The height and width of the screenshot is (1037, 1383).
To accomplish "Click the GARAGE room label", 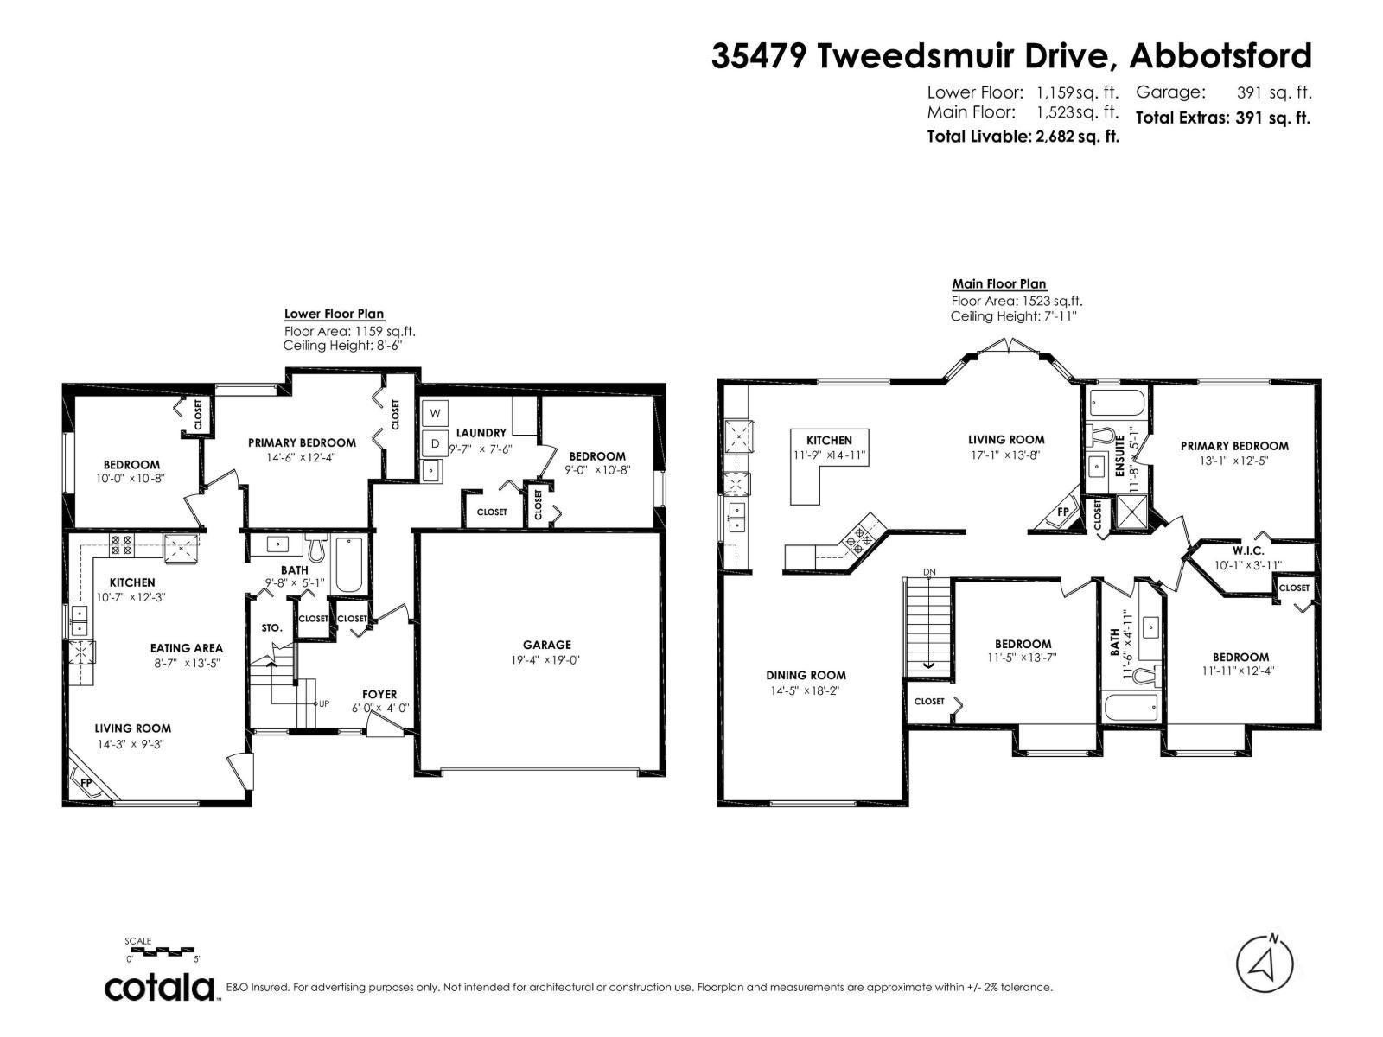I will coord(546,645).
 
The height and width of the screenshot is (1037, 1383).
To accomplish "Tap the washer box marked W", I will coord(436,413).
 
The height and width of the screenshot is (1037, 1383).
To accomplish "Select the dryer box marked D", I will coord(436,444).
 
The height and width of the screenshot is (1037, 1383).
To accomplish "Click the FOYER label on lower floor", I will coord(379,694).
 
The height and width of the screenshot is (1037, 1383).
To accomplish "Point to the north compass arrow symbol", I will coord(1265,965).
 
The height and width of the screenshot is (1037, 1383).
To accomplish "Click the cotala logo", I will coord(161,988).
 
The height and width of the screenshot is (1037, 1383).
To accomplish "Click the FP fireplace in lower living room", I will coord(86,781).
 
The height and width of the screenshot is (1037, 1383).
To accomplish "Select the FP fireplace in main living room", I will coord(1062,512).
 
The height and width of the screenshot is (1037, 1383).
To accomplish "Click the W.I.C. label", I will coord(1248,550).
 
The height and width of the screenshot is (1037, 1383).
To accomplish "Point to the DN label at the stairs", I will coord(929,572).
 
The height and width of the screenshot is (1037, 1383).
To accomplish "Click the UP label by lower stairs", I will coord(323,703).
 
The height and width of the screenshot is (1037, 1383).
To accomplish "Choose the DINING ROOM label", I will coord(806,675).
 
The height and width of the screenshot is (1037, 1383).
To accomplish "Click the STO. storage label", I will coord(271,628).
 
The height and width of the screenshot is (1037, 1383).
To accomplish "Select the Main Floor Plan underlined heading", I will coord(998,283).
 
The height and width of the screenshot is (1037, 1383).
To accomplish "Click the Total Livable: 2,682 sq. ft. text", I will coord(1023,137).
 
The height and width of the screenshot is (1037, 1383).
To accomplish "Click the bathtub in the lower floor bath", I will coord(349,564).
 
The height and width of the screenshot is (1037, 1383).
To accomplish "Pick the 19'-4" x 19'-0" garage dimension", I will coord(546,660).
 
